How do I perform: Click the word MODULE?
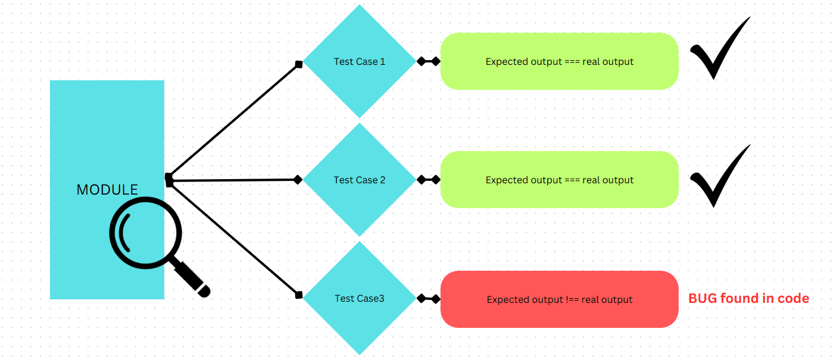pyautogui.click(x=107, y=190)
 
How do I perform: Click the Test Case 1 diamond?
pyautogui.click(x=359, y=61)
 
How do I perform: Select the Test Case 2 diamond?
pyautogui.click(x=359, y=180)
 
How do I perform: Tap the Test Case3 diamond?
pyautogui.click(x=359, y=299)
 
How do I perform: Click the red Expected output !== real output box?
pyautogui.click(x=559, y=299)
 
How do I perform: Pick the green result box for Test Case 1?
pyautogui.click(x=559, y=61)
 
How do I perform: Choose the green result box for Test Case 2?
pyautogui.click(x=559, y=180)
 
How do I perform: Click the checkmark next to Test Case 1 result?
pyautogui.click(x=717, y=51)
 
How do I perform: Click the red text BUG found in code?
pyautogui.click(x=748, y=299)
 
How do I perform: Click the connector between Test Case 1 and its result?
pyautogui.click(x=429, y=61)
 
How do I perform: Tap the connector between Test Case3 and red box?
pyautogui.click(x=429, y=299)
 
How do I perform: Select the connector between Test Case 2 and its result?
pyautogui.click(x=429, y=180)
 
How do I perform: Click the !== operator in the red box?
pyautogui.click(x=573, y=300)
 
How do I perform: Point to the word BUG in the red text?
pyautogui.click(x=702, y=299)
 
